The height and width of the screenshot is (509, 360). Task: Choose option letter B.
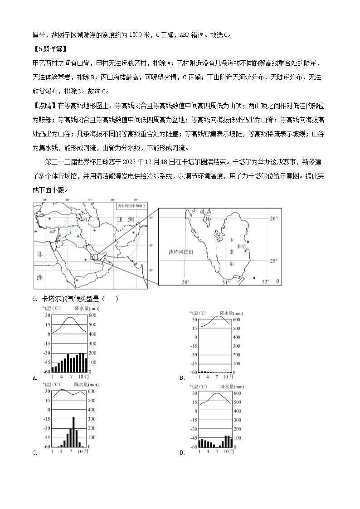(181, 378)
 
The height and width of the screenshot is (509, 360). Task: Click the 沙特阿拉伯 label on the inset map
(180, 251)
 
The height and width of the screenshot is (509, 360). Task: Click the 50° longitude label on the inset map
(185, 282)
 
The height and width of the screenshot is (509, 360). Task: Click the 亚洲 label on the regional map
(125, 219)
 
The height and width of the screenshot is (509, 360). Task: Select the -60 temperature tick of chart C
(47, 446)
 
